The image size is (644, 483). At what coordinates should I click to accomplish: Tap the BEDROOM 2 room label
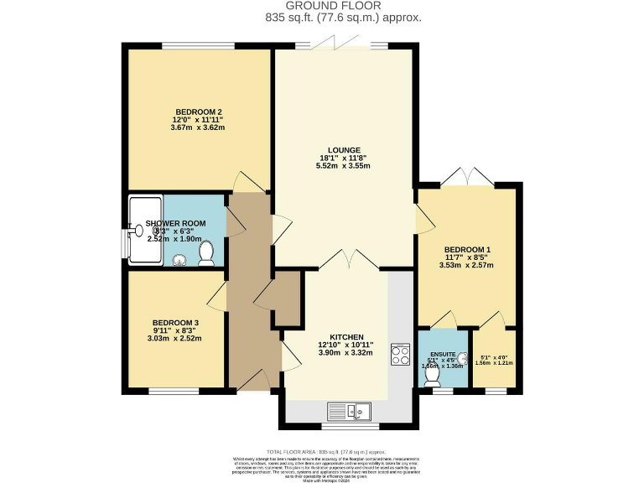pos(198,112)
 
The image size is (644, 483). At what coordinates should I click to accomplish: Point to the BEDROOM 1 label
pos(466,250)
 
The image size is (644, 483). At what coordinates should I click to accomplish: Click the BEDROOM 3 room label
pos(175,323)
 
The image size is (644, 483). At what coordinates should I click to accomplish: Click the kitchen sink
pos(357,412)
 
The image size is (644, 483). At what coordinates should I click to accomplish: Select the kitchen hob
pos(397,355)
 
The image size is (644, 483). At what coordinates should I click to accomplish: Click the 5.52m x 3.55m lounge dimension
pos(343,166)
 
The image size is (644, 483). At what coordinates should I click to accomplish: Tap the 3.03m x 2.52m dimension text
pos(175,340)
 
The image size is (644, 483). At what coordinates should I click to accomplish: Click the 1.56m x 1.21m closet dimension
pos(492,362)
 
